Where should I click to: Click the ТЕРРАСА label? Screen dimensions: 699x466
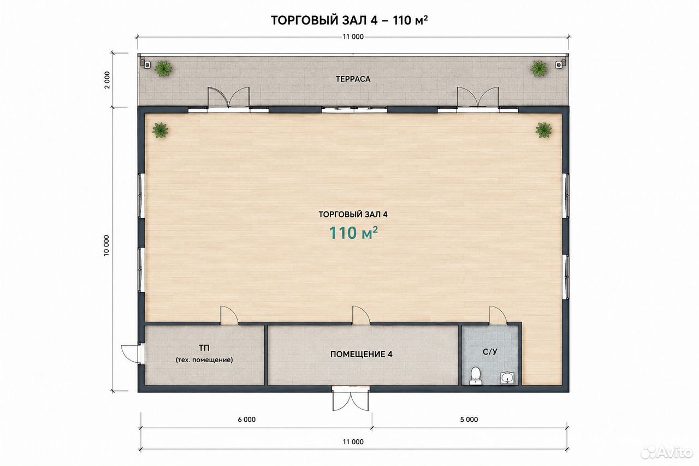point(353,79)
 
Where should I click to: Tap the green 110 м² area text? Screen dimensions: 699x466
point(353,233)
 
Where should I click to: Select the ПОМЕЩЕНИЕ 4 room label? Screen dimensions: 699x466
point(361,354)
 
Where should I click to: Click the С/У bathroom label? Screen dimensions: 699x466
point(490,352)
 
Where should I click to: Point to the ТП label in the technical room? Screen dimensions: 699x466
point(204,347)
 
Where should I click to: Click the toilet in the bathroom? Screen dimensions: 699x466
point(475,376)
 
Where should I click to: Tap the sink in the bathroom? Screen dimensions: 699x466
point(508,379)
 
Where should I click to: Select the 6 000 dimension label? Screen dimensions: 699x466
point(246,420)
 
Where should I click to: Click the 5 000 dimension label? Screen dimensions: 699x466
point(469,420)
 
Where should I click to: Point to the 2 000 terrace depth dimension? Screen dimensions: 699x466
point(108,80)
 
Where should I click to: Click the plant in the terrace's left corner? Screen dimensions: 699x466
point(163,69)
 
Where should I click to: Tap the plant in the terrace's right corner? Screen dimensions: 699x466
point(539,69)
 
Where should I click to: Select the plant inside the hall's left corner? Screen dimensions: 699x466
point(161,130)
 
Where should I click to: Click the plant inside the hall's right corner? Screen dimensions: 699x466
point(543,130)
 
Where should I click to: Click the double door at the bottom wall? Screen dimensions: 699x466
point(351,399)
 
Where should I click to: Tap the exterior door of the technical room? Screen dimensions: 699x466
point(132,353)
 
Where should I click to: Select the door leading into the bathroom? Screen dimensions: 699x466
point(498,315)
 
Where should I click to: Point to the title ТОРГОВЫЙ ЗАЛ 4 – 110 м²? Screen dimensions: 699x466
point(349,20)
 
